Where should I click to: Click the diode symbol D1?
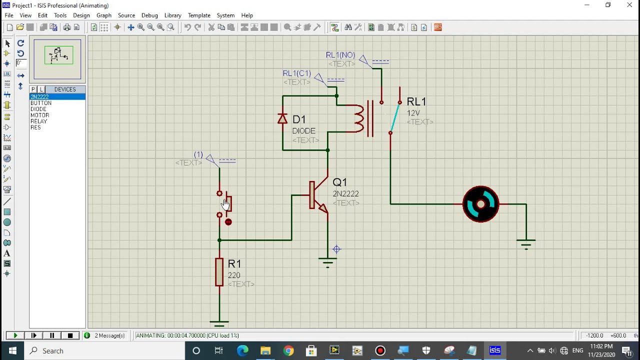[282, 119]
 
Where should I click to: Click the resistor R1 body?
[219, 272]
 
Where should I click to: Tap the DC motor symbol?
[480, 204]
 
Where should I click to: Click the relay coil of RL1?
[359, 118]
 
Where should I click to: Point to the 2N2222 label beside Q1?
[346, 193]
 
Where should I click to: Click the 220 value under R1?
[234, 275]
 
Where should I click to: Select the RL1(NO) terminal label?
[340, 55]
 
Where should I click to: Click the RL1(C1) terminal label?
[297, 73]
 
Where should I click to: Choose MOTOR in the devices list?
[40, 115]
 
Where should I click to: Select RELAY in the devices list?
[39, 121]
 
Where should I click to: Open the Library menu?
[172, 15]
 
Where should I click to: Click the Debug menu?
[149, 15]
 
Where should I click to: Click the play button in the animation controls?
[15, 335]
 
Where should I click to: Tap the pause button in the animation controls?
[52, 335]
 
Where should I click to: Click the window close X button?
[629, 5]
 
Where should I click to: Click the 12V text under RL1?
[413, 113]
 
